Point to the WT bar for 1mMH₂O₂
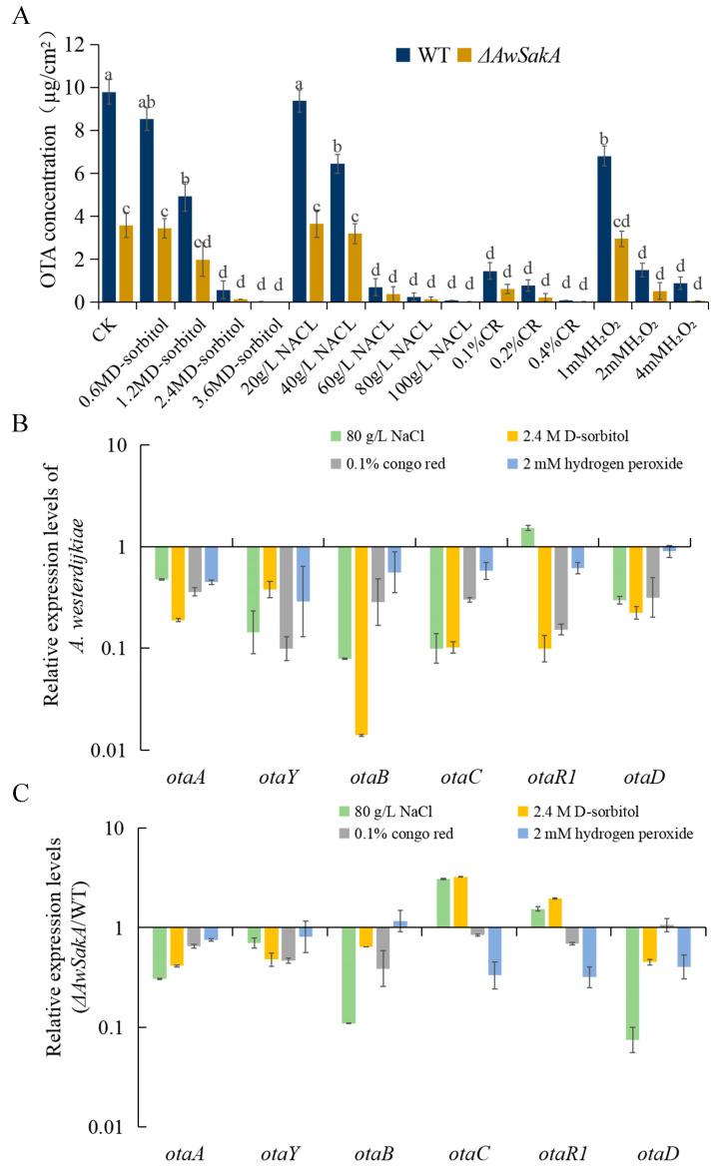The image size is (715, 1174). pos(602,230)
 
